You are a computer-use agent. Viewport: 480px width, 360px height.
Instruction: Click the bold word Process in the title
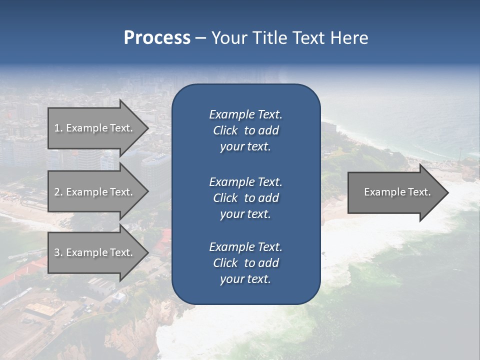157,38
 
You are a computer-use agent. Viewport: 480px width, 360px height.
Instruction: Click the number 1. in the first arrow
58,128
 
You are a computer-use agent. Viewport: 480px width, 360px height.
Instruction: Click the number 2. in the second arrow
58,192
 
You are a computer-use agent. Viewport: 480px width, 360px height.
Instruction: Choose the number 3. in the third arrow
58,252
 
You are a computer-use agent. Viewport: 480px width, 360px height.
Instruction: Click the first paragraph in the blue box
245,130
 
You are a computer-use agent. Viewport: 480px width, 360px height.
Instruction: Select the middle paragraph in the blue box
245,198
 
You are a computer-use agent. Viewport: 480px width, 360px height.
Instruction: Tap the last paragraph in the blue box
245,263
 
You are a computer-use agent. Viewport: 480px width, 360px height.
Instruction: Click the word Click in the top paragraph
225,130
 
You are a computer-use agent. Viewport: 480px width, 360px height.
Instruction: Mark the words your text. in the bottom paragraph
245,279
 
